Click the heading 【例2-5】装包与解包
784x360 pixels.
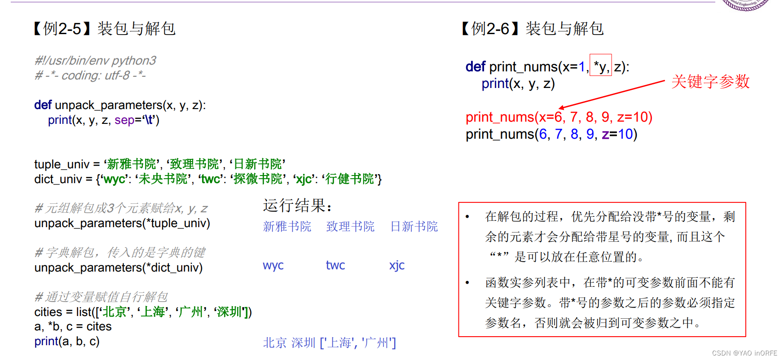pos(105,29)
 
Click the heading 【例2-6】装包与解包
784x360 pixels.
pos(533,29)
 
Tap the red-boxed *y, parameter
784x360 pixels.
pos(600,66)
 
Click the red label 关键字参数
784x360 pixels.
pos(710,82)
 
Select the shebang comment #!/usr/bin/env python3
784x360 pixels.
pos(95,61)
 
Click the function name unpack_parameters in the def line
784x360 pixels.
pos(109,105)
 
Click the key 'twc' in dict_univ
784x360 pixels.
pos(211,179)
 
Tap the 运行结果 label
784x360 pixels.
pos(297,206)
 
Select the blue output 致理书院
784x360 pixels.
pos(350,226)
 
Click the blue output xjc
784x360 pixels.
pos(397,265)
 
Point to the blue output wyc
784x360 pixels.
pos(273,265)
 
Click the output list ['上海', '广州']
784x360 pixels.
pos(358,343)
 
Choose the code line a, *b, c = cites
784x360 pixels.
pos(73,326)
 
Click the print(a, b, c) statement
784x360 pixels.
pos(67,341)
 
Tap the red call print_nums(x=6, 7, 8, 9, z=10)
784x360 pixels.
pos(559,117)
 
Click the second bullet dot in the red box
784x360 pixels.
pos(467,283)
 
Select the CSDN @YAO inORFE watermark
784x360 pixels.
pos(744,353)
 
